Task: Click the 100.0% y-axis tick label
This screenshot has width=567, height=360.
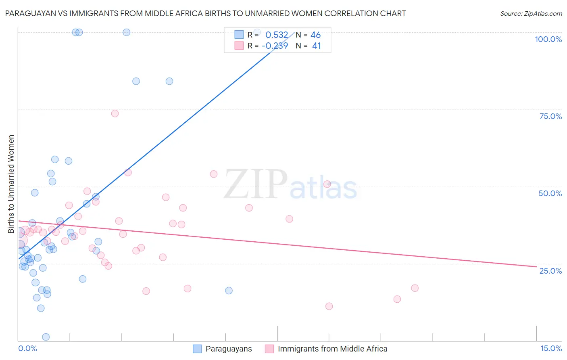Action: coord(548,39)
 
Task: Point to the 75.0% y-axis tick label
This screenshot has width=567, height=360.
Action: coord(550,116)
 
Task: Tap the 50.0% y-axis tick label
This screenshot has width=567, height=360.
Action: coord(550,193)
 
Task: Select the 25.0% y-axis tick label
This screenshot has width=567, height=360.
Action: coord(550,271)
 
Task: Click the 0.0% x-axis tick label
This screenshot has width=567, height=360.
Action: coord(27,349)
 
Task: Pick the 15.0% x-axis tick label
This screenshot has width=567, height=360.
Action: coord(551,349)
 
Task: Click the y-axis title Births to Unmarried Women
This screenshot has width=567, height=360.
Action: coord(11,184)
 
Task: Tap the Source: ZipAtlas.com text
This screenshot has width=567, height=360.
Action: coord(531,14)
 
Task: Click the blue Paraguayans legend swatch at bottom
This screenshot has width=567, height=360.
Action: coord(197,349)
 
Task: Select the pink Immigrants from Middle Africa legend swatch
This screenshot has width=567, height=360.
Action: coord(269,349)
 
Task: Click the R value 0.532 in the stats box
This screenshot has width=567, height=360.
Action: coord(277,35)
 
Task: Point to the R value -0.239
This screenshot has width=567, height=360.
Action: coord(275,46)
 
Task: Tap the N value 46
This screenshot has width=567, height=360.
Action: coord(316,35)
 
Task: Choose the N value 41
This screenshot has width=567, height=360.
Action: coord(317,46)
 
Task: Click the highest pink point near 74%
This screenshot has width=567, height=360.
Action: coord(115,113)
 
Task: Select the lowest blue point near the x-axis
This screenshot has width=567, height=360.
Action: coord(46,337)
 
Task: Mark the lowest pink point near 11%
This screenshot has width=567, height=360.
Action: coord(329,306)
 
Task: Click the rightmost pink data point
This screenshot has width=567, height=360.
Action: coord(415,288)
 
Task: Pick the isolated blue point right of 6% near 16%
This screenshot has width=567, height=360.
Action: coord(229,291)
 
